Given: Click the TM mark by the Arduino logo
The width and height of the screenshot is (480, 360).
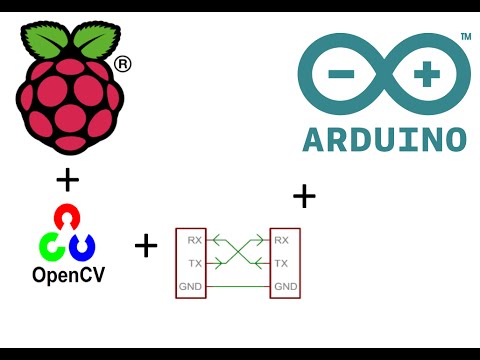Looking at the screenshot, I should pyautogui.click(x=465, y=37).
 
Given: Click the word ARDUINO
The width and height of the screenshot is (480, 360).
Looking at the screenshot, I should pyautogui.click(x=384, y=138).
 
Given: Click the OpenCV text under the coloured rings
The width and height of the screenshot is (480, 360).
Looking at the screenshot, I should pyautogui.click(x=68, y=273).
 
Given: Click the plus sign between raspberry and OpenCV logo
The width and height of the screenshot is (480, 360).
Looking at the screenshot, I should pyautogui.click(x=68, y=180).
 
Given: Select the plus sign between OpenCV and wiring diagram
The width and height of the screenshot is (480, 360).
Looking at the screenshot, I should pyautogui.click(x=146, y=245).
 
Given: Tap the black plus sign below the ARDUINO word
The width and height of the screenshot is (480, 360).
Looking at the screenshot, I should pyautogui.click(x=304, y=195).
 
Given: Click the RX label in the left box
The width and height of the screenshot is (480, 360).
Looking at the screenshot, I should pyautogui.click(x=193, y=240).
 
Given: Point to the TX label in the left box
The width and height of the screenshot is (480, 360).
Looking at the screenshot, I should pyautogui.click(x=193, y=264).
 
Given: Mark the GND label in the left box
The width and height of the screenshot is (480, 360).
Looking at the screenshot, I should pyautogui.click(x=190, y=288).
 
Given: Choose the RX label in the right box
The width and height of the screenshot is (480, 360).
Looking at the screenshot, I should pyautogui.click(x=281, y=240).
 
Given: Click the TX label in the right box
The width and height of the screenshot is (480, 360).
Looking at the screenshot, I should pyautogui.click(x=281, y=264).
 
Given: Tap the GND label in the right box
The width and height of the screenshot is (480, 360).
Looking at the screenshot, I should pyautogui.click(x=285, y=288).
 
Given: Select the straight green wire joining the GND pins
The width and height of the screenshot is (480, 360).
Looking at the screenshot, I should pyautogui.click(x=237, y=288).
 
